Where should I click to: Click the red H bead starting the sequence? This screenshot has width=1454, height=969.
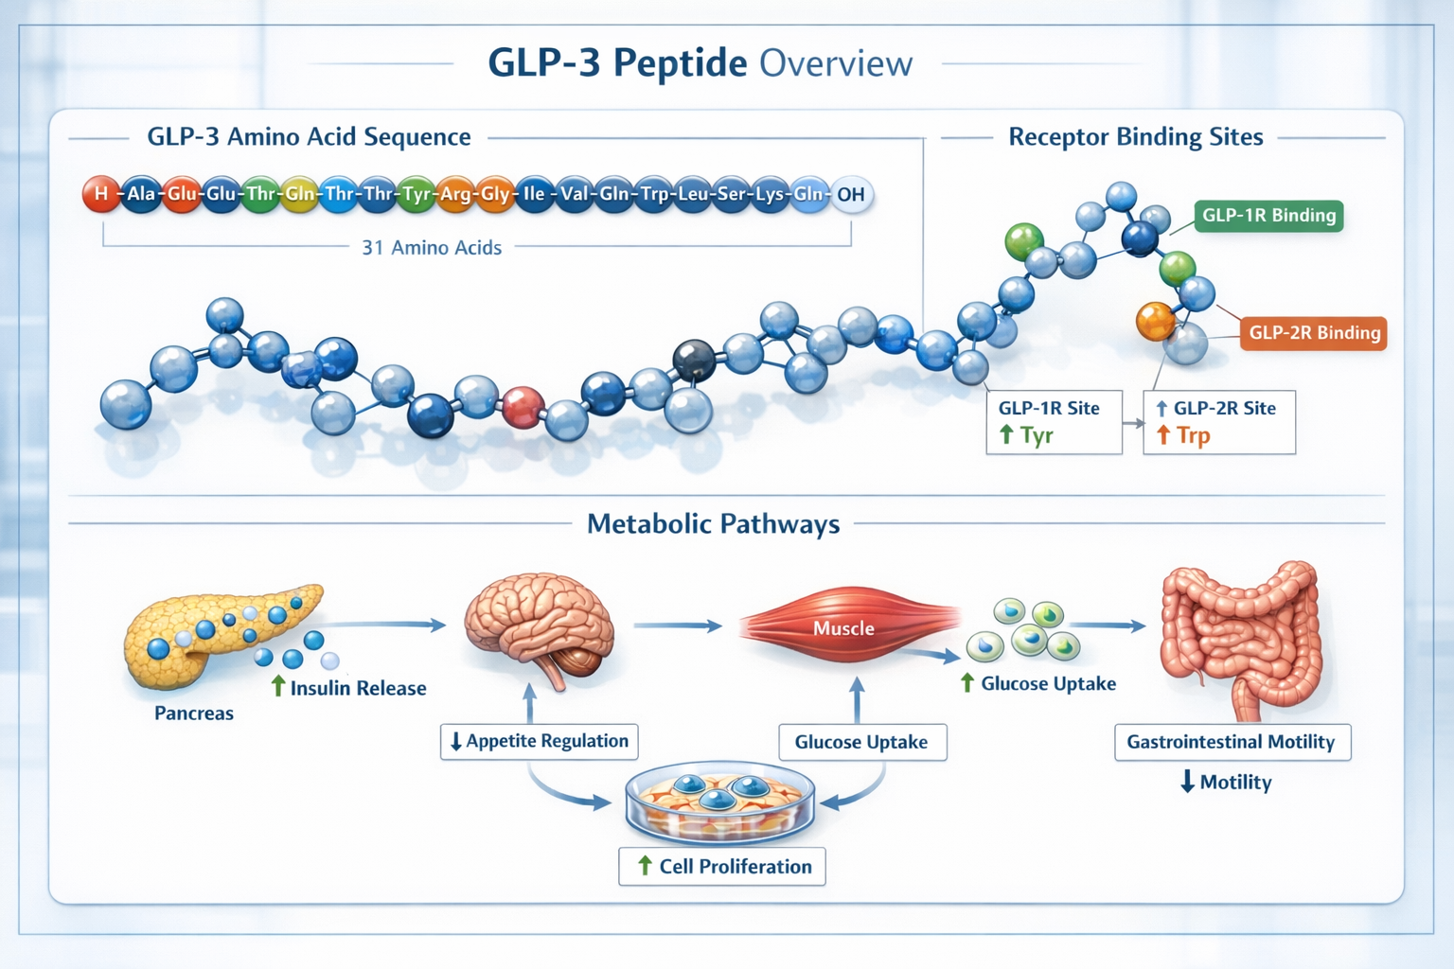(100, 194)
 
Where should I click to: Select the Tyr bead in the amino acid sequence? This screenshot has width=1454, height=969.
(417, 194)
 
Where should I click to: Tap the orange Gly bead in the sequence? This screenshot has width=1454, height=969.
(494, 194)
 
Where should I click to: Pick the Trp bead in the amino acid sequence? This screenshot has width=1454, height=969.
(654, 194)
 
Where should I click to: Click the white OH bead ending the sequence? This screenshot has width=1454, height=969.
(851, 194)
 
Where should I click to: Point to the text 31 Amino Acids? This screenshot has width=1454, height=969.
(432, 248)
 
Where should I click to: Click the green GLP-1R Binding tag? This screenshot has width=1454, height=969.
(1268, 216)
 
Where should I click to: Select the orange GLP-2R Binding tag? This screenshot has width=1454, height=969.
(1314, 333)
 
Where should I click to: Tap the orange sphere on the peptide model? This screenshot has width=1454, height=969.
(1155, 322)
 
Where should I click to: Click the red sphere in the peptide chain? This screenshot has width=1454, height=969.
(523, 407)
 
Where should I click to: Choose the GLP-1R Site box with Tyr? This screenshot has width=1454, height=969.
(1054, 422)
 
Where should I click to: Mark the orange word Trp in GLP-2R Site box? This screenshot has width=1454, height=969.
(1193, 435)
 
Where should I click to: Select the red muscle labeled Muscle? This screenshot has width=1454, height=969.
(844, 627)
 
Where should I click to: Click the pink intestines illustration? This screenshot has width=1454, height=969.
(1240, 634)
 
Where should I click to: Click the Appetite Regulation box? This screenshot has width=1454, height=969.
(539, 741)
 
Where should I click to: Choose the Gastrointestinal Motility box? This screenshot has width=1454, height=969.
(1232, 742)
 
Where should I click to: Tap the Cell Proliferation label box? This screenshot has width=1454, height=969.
(722, 866)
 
